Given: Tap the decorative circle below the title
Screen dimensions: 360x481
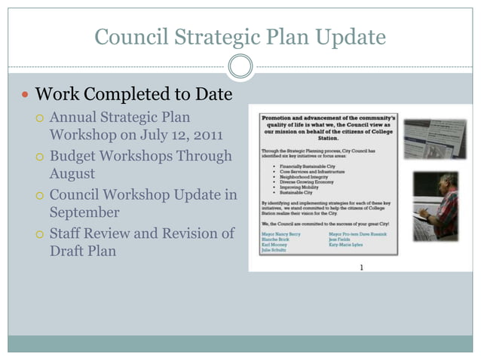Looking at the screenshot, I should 240,67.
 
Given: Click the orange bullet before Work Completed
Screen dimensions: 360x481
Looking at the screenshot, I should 24,96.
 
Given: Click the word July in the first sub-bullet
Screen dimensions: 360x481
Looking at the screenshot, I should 153,136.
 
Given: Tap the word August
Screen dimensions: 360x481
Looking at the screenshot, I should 73,174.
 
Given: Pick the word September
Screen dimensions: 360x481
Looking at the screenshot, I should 84,212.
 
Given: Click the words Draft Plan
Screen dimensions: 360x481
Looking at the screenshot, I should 83,252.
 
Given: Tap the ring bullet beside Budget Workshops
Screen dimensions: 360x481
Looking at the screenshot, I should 40,156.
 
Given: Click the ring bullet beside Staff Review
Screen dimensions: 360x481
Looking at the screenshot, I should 40,233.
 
